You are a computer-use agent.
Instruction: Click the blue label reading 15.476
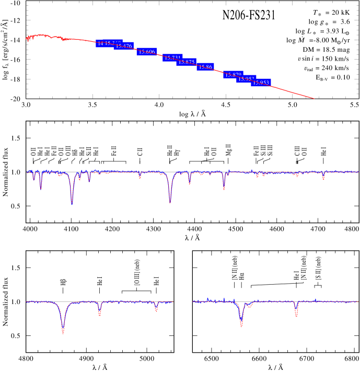[124, 47]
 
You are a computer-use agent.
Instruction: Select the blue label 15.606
[147, 52]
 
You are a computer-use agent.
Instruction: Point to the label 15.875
[186, 62]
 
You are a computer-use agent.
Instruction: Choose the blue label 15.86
[205, 67]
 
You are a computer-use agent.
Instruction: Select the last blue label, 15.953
[261, 83]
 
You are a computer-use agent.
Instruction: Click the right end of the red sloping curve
[314, 98]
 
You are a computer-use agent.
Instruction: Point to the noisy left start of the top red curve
[28, 38]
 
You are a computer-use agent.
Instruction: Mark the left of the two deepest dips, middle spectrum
[72, 203]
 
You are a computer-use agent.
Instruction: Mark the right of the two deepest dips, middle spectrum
[170, 202]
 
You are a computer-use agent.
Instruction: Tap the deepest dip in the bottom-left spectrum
[63, 332]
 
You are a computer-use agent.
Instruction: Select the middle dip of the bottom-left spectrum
[99, 315]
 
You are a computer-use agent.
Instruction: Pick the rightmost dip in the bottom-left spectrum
[156, 311]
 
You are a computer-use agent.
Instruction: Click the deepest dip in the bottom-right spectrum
[241, 326]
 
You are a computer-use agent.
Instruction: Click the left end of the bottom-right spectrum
[193, 301]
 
